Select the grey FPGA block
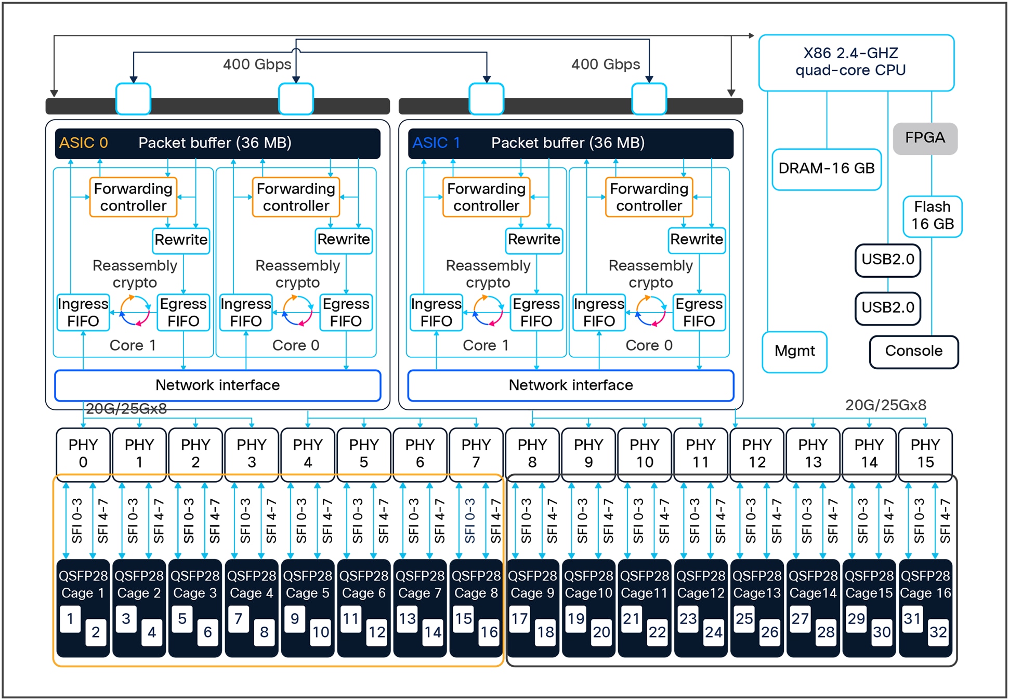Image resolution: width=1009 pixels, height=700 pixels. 925,138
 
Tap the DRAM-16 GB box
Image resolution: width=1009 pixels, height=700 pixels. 826,169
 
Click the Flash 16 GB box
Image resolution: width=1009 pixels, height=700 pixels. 932,216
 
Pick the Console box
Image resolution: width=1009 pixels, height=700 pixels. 913,352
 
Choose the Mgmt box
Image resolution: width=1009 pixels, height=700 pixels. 794,352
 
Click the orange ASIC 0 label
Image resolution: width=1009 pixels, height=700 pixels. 83,143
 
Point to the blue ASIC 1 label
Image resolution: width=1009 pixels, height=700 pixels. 436,143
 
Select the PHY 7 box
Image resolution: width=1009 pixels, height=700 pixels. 476,453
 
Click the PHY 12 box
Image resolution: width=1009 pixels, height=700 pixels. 756,453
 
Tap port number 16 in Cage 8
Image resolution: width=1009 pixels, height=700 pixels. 489,632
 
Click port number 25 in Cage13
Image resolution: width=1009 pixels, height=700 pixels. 744,619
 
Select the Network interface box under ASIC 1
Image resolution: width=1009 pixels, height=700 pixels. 570,385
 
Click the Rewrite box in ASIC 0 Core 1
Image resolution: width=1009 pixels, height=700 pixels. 181,240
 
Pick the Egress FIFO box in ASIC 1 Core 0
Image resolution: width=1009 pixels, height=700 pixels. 699,313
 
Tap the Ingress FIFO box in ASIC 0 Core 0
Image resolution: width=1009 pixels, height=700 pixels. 245,313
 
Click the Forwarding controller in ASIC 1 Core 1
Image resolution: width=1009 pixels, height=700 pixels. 486,197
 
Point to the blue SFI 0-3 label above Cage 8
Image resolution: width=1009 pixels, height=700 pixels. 470,520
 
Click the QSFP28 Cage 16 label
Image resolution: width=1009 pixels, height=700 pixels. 925,584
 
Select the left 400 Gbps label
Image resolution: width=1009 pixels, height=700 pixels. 257,64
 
